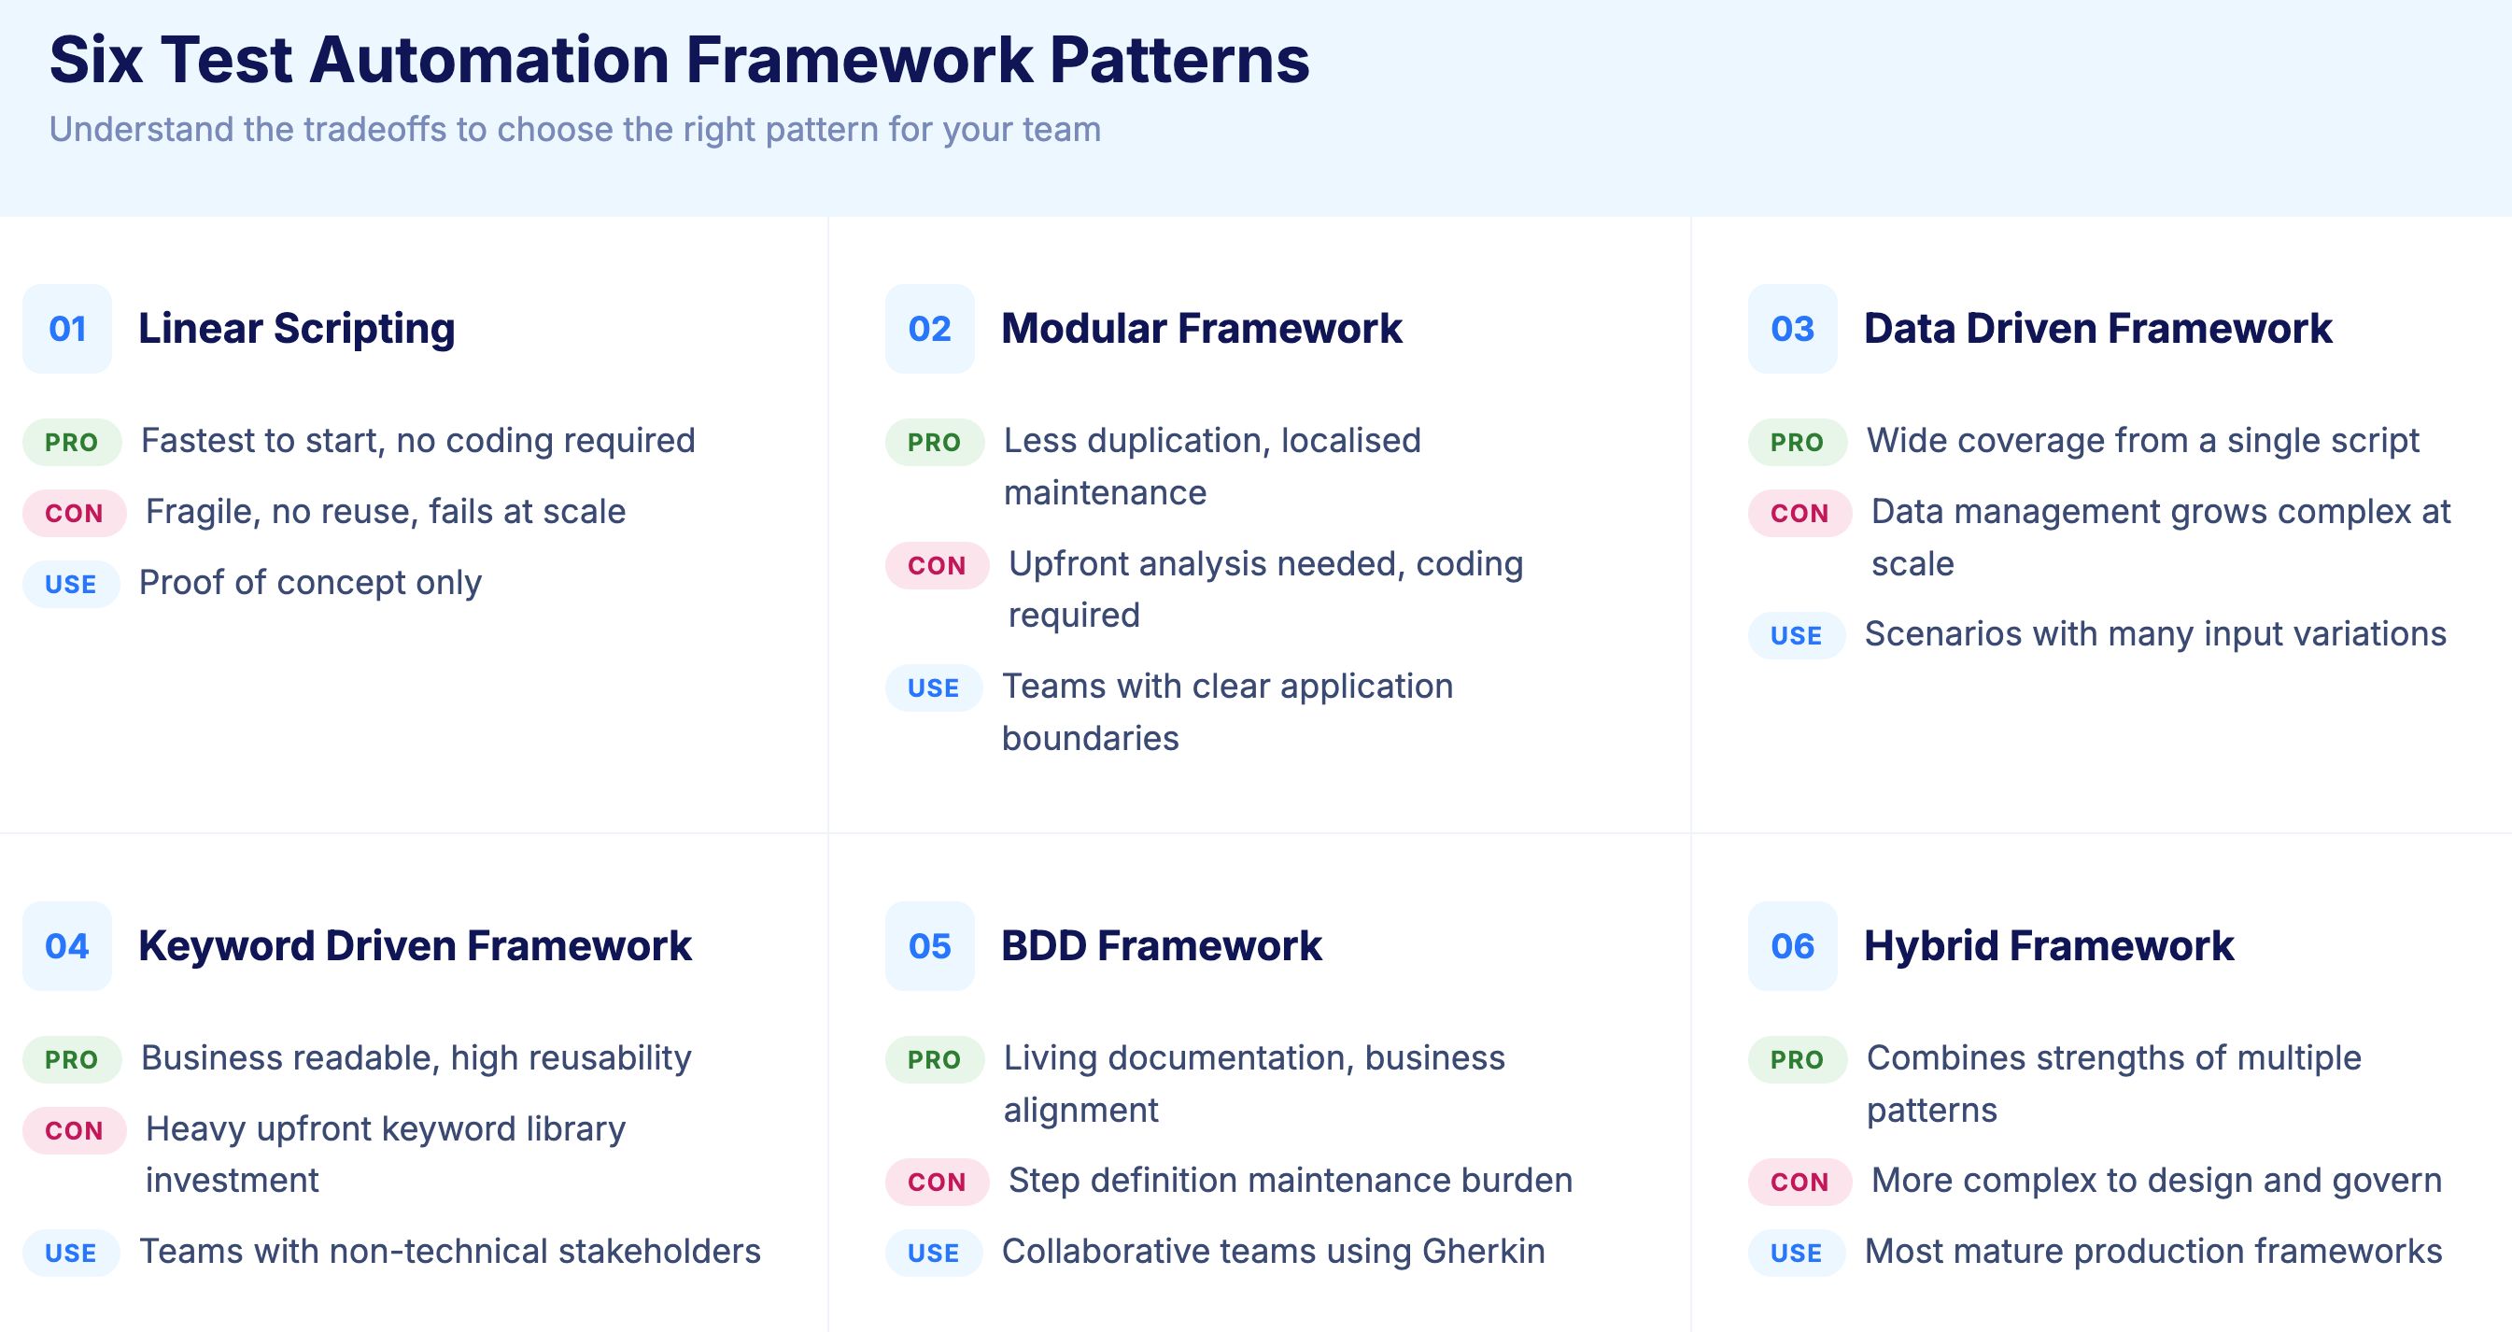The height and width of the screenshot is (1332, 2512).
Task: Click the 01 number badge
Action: [67, 329]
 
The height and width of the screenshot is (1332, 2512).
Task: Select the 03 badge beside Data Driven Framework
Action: [1791, 329]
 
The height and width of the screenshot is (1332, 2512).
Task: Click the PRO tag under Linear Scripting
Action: [72, 442]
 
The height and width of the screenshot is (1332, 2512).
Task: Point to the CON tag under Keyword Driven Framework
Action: [74, 1130]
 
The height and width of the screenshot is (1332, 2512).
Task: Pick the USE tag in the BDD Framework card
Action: [933, 1253]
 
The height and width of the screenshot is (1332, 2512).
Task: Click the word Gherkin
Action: [1482, 1251]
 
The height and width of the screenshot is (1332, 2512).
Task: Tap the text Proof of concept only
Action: [310, 582]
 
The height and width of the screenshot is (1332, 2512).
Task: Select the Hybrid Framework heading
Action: [2048, 946]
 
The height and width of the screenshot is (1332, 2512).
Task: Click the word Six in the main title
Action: [95, 61]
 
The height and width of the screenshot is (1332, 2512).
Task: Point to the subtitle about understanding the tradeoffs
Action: [574, 129]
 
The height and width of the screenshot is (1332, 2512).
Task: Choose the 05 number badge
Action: [929, 946]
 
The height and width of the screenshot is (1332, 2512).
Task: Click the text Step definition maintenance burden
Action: [1290, 1180]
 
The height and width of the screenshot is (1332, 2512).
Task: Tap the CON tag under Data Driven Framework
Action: [1799, 513]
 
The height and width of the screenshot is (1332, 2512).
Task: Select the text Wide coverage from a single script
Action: [2141, 441]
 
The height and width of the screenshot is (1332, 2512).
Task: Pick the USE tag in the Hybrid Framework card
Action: [1795, 1253]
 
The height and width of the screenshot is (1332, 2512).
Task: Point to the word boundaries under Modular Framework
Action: [1089, 738]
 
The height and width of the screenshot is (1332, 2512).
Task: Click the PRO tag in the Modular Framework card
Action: [934, 442]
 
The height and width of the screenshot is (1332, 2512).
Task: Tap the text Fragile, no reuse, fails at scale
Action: [385, 511]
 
